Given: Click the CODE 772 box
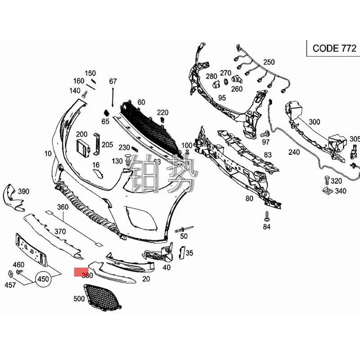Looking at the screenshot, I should pyautogui.click(x=331, y=48).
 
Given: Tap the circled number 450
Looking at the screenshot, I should pyautogui.click(x=43, y=279).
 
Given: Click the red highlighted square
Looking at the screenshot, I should pyautogui.click(x=82, y=272).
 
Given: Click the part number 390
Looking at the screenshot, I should pyautogui.click(x=23, y=191).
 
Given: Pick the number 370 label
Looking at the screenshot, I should pyautogui.click(x=60, y=231).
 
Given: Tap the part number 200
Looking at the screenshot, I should pyautogui.click(x=81, y=134).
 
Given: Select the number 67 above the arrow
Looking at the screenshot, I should pyautogui.click(x=112, y=81).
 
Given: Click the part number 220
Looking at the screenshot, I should pyautogui.click(x=162, y=112).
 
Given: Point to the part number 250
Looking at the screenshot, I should pyautogui.click(x=269, y=62).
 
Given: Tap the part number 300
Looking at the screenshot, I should pyautogui.click(x=315, y=121).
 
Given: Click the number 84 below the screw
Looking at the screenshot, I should pyautogui.click(x=267, y=227).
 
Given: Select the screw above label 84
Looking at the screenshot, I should pyautogui.click(x=266, y=215).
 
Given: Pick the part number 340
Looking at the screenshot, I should pyautogui.click(x=341, y=191).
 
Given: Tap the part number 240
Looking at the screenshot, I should pyautogui.click(x=294, y=152).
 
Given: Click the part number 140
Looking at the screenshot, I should pyautogui.click(x=75, y=90).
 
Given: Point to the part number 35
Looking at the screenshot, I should pyautogui.click(x=189, y=253).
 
